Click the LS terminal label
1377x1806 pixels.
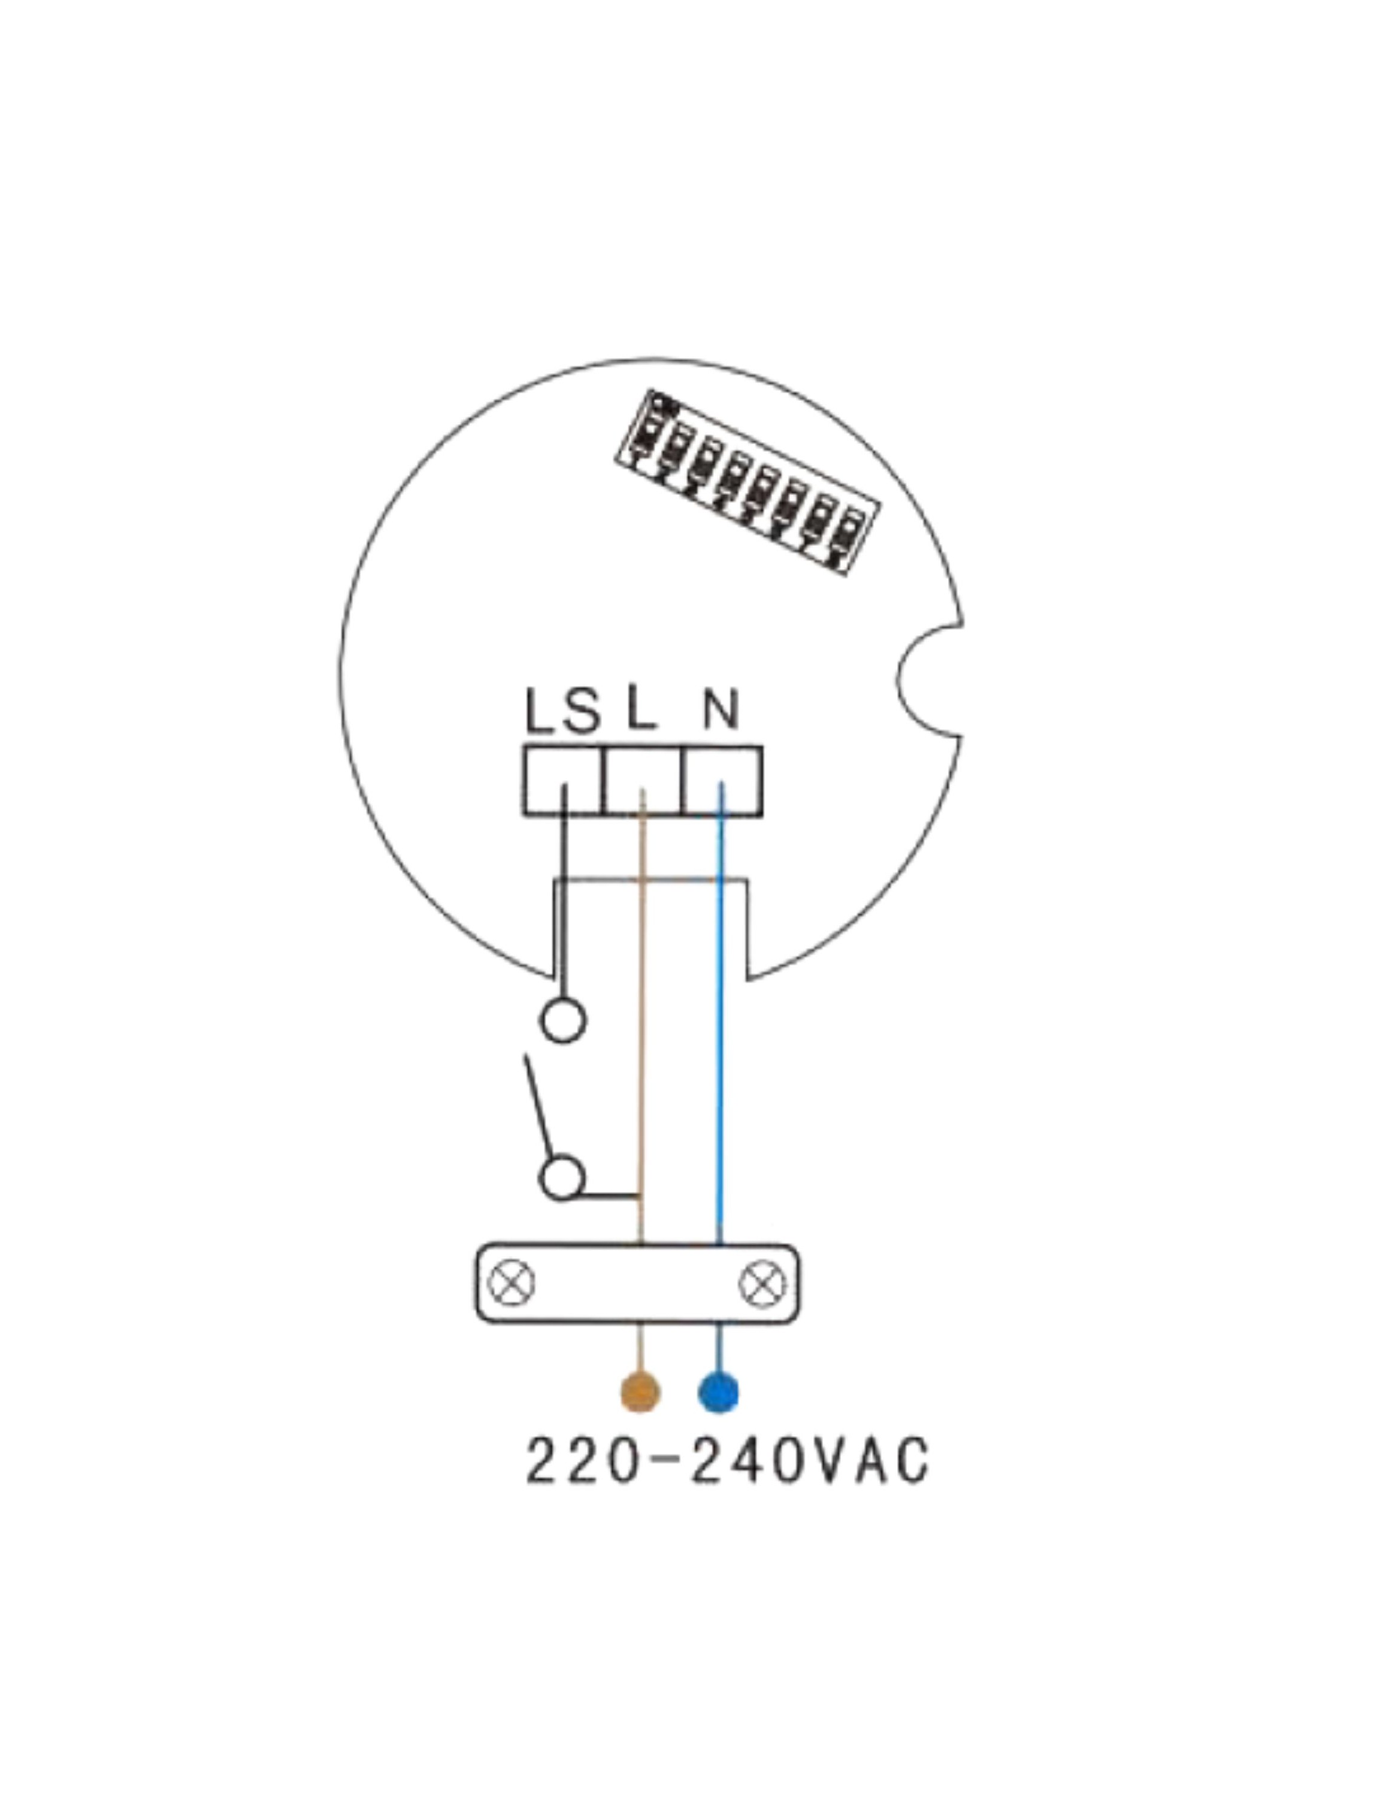[563, 710]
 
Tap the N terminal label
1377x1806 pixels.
[721, 710]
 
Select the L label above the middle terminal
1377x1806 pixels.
[641, 710]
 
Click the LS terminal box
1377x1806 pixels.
[563, 780]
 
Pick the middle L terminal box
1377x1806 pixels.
[643, 780]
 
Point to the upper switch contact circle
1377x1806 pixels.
[563, 1020]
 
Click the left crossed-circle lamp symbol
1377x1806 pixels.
[512, 1283]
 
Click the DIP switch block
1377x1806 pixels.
[747, 482]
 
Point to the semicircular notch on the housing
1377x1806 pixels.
[928, 681]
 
